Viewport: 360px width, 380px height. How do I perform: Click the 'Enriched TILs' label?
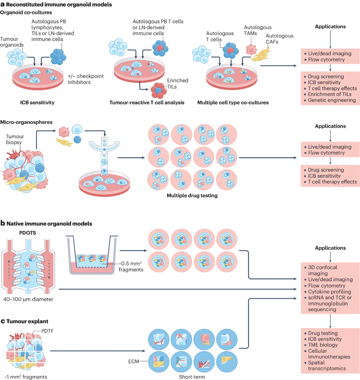178,83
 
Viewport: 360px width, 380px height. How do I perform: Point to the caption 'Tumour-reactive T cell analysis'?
147,103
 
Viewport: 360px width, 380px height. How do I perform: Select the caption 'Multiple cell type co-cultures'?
233,103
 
